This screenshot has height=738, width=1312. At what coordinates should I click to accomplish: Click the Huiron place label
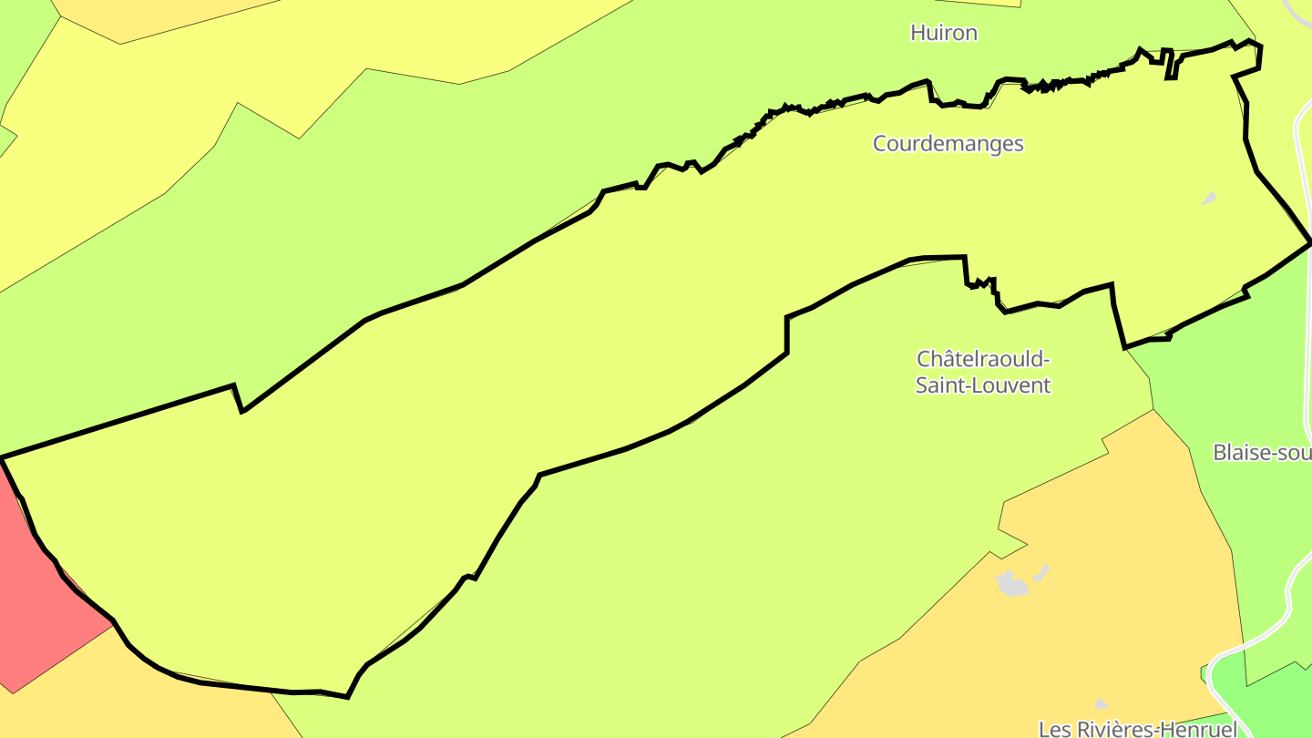click(x=944, y=33)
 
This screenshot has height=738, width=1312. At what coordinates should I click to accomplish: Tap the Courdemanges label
click(x=948, y=144)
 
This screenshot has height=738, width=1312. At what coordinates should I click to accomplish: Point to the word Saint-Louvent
click(x=983, y=385)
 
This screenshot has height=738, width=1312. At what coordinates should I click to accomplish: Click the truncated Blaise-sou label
click(x=1262, y=452)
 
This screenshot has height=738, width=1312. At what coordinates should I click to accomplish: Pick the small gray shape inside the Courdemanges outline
click(x=1209, y=198)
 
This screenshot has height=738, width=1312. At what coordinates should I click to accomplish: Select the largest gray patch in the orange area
click(x=1010, y=583)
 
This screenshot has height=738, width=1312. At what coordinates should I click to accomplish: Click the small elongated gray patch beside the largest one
click(x=1040, y=572)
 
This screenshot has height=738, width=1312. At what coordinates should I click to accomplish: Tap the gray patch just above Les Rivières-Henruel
click(x=1101, y=704)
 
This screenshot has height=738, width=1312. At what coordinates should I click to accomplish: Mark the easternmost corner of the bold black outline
click(x=1310, y=241)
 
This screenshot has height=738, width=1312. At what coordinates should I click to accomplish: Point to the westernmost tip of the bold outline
click(x=3, y=457)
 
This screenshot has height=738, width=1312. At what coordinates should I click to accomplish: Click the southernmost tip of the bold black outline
click(x=346, y=697)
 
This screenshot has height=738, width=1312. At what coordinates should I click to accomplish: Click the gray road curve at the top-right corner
click(x=1298, y=11)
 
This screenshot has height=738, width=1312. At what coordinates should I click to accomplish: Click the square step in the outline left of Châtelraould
click(x=787, y=333)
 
